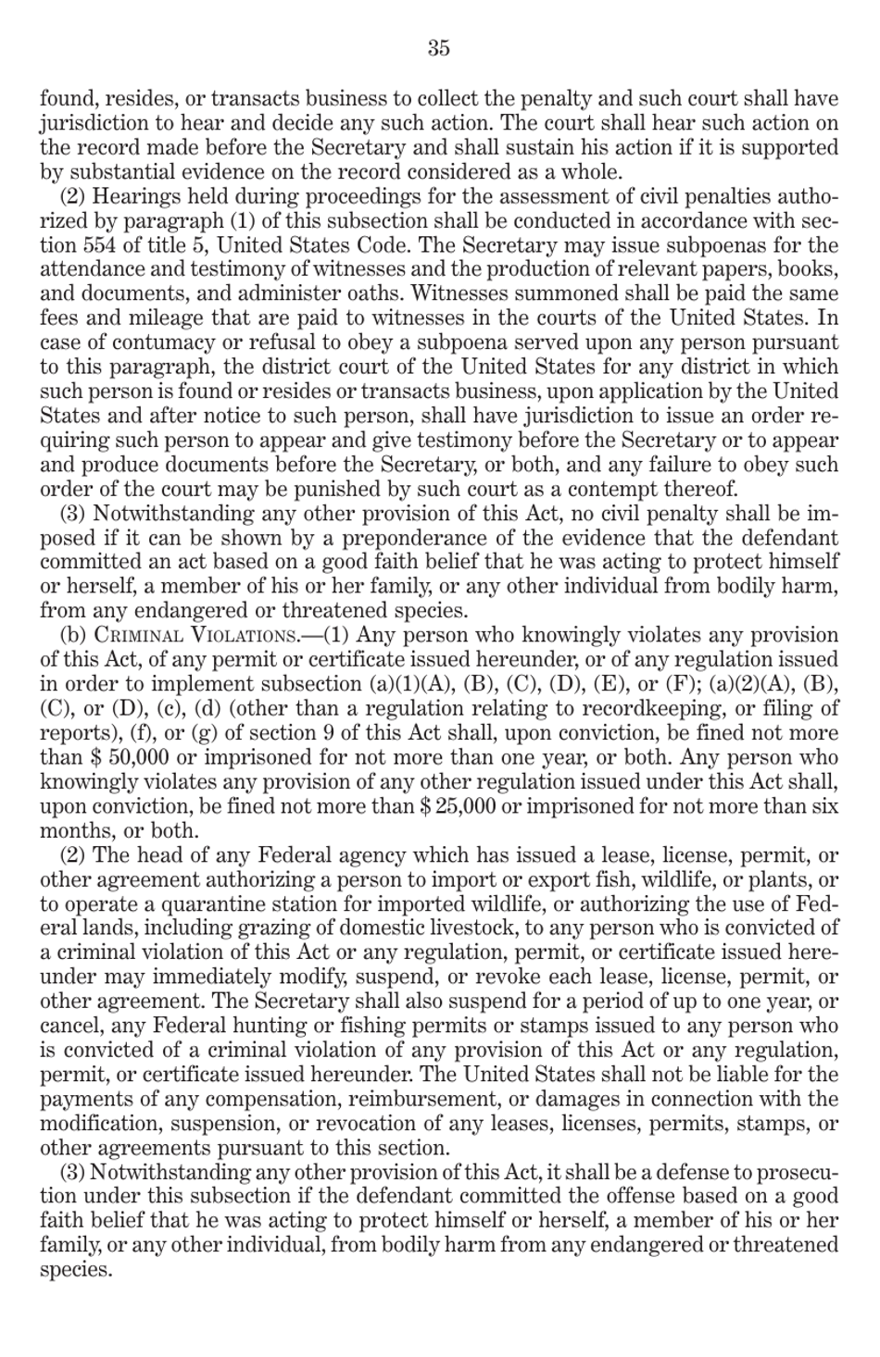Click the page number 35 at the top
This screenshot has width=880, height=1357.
click(x=439, y=48)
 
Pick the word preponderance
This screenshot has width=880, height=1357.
click(x=423, y=538)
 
